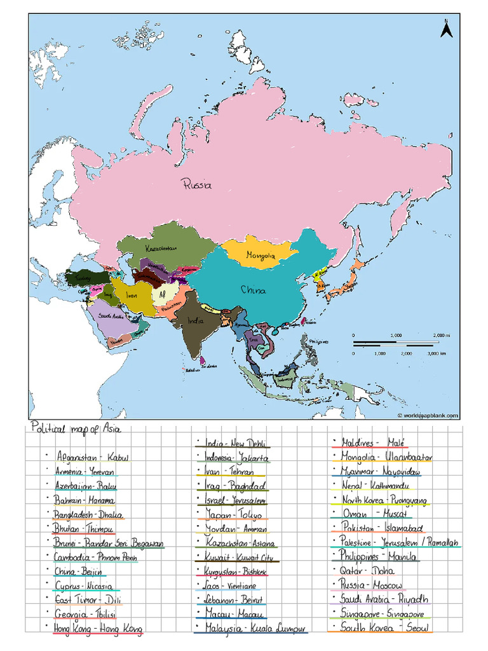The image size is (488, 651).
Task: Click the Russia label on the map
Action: (x=196, y=185)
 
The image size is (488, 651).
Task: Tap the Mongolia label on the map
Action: (x=261, y=256)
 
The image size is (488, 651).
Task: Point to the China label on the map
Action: (x=253, y=290)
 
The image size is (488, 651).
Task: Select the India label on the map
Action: (x=195, y=321)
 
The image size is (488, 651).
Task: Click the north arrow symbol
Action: (x=446, y=29)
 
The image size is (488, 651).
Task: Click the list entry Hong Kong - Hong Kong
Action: (x=98, y=628)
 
